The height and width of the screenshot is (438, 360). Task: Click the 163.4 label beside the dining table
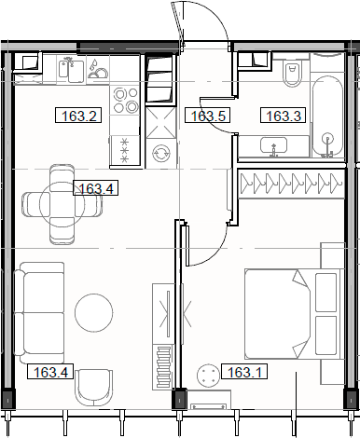click(x=96, y=189)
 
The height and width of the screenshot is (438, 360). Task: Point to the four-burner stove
click(x=124, y=149)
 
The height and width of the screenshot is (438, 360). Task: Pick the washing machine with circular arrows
click(x=159, y=153)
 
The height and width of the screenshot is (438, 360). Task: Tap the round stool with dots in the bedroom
click(x=208, y=375)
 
